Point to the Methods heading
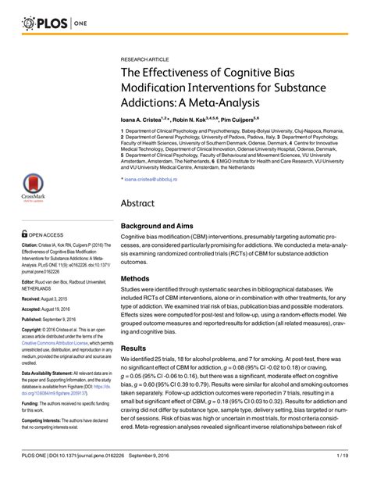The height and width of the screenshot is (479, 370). click(137, 277)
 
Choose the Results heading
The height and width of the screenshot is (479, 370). click(135, 348)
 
